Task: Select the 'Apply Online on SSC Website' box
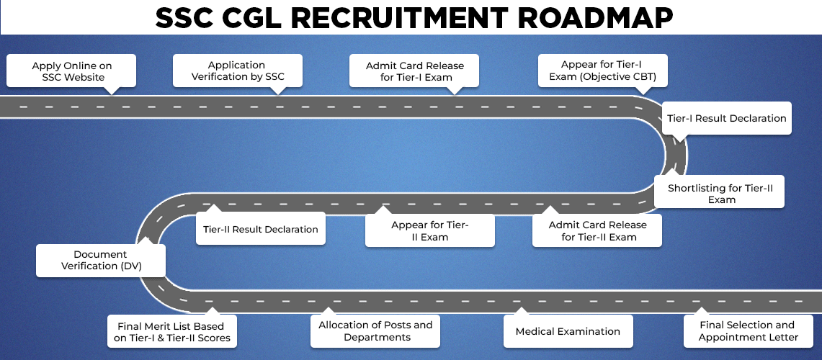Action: [x=72, y=71]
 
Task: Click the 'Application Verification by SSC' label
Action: [x=238, y=71]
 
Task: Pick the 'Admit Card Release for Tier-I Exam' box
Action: [x=415, y=71]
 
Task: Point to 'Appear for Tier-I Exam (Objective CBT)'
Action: [x=604, y=71]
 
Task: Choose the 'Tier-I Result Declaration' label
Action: [x=727, y=118]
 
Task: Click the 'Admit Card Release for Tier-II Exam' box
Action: [x=597, y=231]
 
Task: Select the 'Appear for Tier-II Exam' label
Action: [x=430, y=231]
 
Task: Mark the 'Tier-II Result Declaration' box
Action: [x=260, y=230]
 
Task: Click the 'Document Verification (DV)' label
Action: [x=100, y=260]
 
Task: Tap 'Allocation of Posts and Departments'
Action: [x=376, y=331]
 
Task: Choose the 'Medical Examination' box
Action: [x=568, y=332]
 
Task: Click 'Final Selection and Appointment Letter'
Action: [x=748, y=331]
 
